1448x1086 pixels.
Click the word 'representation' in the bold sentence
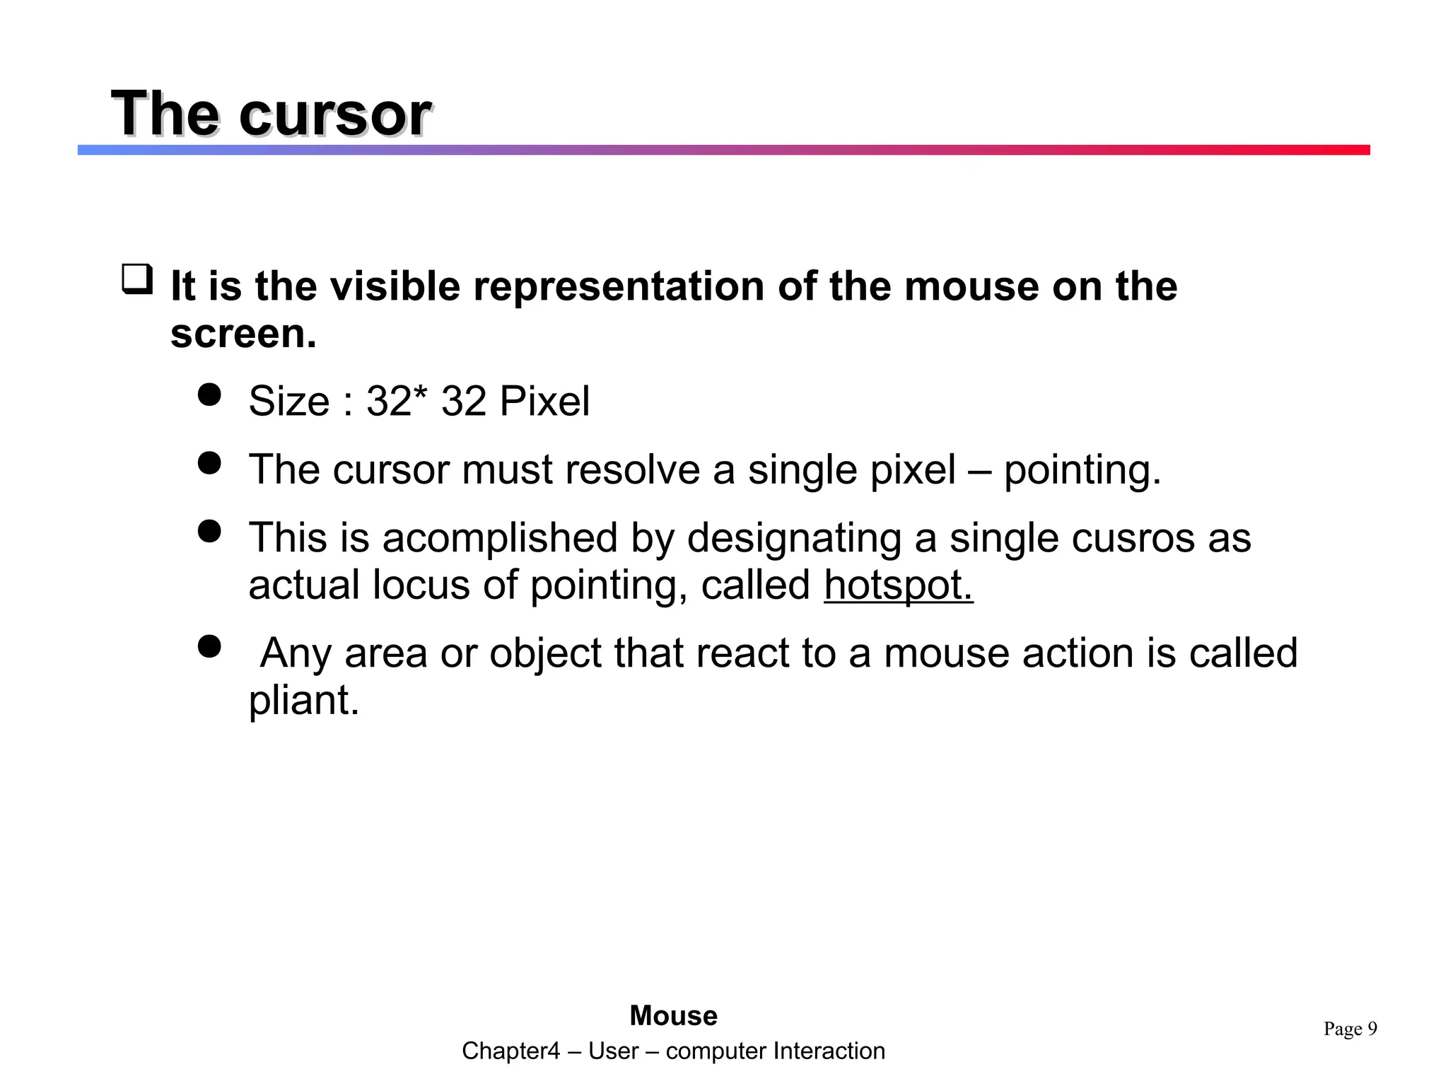[619, 286]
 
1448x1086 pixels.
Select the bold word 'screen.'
[243, 334]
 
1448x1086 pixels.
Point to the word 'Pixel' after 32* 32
[544, 402]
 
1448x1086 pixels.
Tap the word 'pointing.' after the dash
[1082, 470]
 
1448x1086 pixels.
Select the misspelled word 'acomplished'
[500, 537]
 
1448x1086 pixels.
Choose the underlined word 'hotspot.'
[899, 585]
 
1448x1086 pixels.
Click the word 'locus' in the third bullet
[421, 585]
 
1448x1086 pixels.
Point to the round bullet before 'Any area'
[209, 646]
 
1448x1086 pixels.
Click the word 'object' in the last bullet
[545, 653]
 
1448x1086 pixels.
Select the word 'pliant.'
[304, 701]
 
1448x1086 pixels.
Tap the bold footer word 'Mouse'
[673, 1016]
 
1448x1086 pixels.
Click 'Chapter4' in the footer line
[510, 1051]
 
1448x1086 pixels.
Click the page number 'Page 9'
[1350, 1029]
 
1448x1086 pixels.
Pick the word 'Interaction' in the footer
[829, 1051]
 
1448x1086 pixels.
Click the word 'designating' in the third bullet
[794, 539]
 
